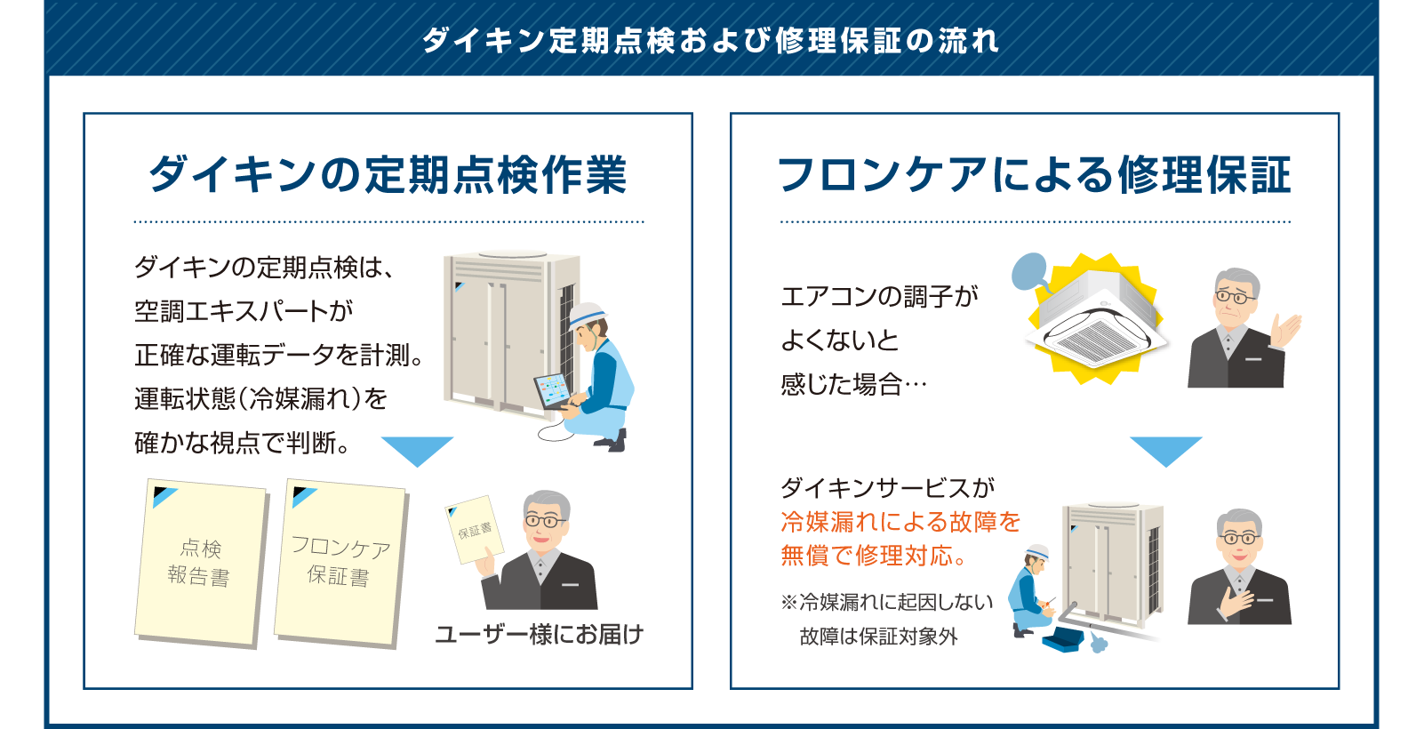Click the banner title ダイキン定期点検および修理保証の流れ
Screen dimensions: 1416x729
pos(710,41)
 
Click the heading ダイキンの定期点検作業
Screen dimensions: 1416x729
pos(388,174)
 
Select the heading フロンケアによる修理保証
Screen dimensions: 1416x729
pos(1034,174)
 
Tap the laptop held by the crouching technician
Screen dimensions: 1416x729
pos(551,392)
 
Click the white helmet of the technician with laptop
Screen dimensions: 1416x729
pos(586,315)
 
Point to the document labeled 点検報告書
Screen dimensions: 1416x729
pos(201,563)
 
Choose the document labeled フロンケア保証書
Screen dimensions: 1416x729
pos(341,563)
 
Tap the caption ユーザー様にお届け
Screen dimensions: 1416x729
pos(540,634)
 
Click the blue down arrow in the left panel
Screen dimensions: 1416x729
pos(417,450)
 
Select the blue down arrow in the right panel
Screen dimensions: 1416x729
pos(1165,450)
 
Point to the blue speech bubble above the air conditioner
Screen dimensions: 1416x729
pos(1030,272)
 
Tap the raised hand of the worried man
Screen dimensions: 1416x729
pos(1286,330)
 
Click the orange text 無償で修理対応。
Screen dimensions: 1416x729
pos(874,556)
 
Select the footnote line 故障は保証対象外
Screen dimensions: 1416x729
pos(879,636)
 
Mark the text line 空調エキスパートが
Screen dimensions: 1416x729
pos(244,311)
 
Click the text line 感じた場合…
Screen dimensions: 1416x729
pos(853,384)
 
